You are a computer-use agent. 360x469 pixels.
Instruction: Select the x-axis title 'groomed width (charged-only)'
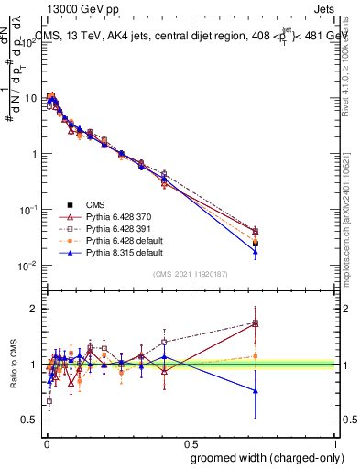point(260,458)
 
